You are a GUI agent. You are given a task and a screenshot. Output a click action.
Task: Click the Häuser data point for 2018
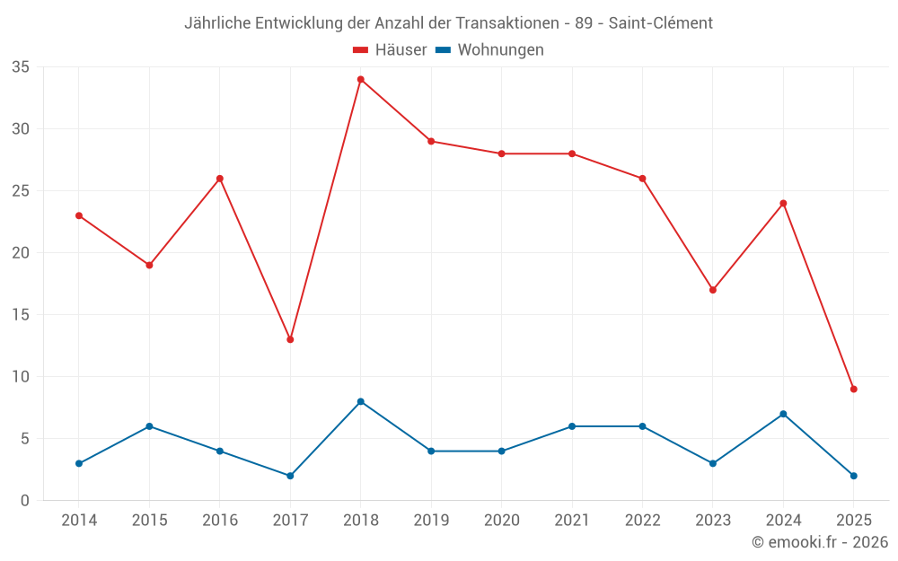coord(361,79)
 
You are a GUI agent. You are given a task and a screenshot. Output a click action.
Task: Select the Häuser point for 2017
coord(290,339)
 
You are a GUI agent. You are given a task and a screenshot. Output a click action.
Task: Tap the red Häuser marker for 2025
coord(854,389)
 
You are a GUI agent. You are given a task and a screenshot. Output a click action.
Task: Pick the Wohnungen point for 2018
coord(361,401)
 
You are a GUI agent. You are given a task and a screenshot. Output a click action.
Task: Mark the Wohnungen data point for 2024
coord(783,414)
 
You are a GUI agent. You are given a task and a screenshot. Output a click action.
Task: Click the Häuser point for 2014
coord(79,215)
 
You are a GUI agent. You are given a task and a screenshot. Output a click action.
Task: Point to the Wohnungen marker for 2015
coord(149,426)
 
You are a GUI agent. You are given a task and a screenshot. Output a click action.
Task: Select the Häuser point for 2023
coord(713,290)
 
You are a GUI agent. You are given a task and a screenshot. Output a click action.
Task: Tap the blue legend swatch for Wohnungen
coord(443,50)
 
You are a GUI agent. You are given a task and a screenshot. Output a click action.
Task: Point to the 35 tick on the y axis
coord(21,67)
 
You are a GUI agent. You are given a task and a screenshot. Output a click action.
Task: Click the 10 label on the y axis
coord(21,377)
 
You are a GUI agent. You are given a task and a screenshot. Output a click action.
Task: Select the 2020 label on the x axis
coord(502,521)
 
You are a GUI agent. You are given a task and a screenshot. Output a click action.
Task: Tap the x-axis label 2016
coord(220,521)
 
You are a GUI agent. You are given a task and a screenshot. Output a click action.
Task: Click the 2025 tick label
coord(854,521)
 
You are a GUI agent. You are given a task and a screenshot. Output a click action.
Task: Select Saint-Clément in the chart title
coord(661,23)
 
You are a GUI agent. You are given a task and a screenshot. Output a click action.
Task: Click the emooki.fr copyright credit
coord(820,542)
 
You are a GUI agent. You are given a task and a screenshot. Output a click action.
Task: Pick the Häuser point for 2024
coord(783,203)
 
